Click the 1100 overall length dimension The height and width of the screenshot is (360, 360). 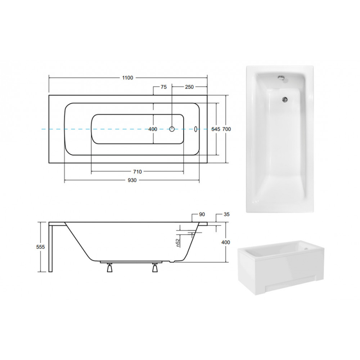(x=127, y=78)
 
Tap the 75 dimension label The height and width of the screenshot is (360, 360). (x=164, y=87)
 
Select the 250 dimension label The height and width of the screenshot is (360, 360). (x=189, y=87)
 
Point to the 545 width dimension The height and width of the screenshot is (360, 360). (x=216, y=129)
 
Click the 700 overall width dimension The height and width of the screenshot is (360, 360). (x=226, y=129)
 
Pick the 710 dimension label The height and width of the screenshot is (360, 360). (x=137, y=172)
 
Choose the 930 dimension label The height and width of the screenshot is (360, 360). (x=132, y=180)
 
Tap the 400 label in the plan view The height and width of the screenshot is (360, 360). (x=153, y=129)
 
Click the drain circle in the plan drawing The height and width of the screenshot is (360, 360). (x=172, y=129)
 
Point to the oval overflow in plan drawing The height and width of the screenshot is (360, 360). (x=195, y=129)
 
